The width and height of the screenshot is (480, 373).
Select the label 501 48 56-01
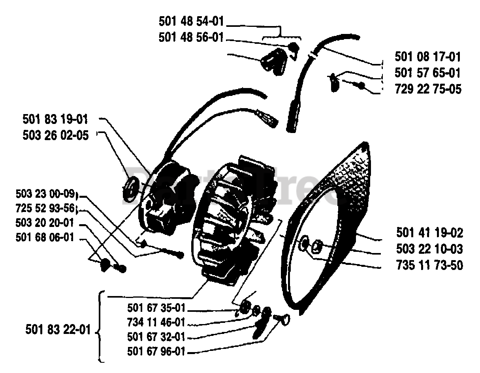pyautogui.click(x=191, y=38)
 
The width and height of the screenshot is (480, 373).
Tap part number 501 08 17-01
pyautogui.click(x=428, y=57)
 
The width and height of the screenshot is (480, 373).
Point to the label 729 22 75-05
pyautogui.click(x=428, y=90)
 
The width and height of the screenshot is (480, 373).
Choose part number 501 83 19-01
pyautogui.click(x=55, y=119)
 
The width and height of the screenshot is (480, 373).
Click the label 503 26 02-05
pyautogui.click(x=55, y=135)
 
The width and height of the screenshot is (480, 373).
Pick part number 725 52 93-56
pyautogui.click(x=45, y=208)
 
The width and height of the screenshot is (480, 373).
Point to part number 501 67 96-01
pyautogui.click(x=156, y=351)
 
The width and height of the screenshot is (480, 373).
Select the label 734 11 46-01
pyautogui.click(x=156, y=322)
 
